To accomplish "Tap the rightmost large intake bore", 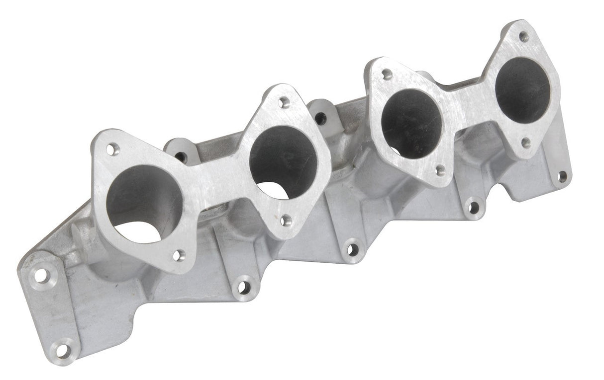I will pos(523,89).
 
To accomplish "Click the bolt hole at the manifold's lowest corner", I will pos(62,349).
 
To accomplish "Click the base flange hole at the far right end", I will pos(562,176).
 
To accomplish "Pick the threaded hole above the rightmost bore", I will pos(523,36).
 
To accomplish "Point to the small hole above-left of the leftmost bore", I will pos(113,148).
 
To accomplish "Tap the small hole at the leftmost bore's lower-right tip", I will pos(178,256).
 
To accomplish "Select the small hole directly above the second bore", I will pos(284,103).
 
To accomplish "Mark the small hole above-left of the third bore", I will pos(387,75).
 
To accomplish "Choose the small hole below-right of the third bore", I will pos(440,170).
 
